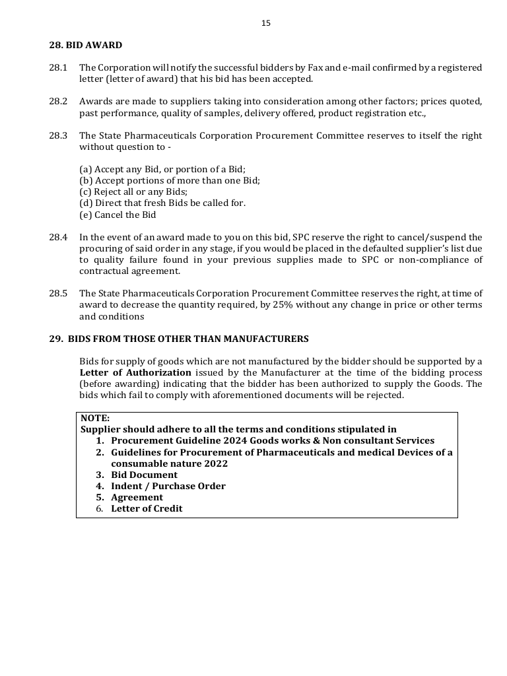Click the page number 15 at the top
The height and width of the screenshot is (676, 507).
[265, 23]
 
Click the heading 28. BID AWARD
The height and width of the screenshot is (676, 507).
[85, 46]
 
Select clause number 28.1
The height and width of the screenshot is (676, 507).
[58, 68]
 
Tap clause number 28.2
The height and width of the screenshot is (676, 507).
[58, 102]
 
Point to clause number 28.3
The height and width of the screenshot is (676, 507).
[58, 135]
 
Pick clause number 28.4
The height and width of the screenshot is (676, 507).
[58, 237]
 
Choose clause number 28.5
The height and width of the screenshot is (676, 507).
[58, 293]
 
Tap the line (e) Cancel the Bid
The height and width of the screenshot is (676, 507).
[118, 215]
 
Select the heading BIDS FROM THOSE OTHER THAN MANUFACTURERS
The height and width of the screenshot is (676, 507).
[188, 339]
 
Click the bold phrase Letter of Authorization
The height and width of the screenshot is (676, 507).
[135, 373]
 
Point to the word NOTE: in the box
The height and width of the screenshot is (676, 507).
[95, 418]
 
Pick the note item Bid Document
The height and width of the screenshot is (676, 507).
[144, 475]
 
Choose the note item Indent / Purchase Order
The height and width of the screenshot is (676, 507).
[168, 486]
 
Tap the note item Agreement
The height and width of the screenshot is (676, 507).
[137, 497]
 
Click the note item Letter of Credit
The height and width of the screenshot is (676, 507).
[147, 508]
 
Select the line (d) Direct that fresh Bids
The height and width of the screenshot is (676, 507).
[162, 203]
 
